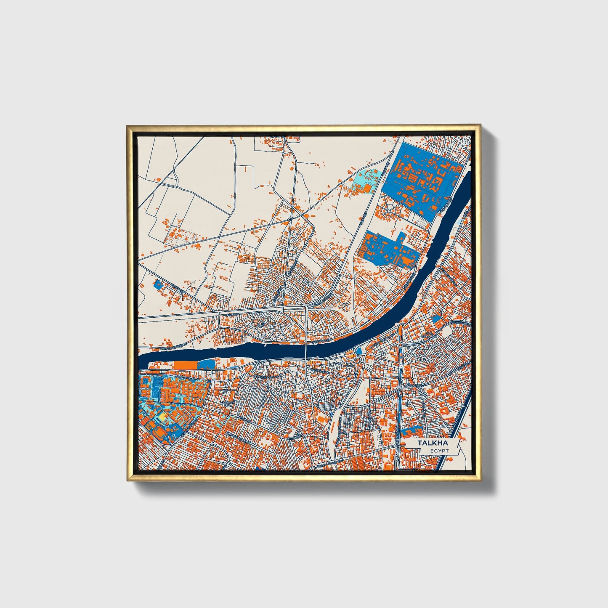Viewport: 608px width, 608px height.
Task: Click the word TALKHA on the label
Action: tap(433, 443)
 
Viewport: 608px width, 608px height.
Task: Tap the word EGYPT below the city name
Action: tap(439, 451)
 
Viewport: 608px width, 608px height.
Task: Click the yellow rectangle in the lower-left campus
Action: tap(161, 416)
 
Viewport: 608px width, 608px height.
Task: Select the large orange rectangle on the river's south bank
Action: tap(185, 365)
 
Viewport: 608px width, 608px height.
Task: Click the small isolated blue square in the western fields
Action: tap(158, 284)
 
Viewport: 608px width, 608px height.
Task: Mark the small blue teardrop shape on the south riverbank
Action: tap(359, 351)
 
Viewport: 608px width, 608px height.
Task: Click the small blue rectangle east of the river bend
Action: tap(437, 319)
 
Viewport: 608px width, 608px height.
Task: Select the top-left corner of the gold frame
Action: tap(127, 125)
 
